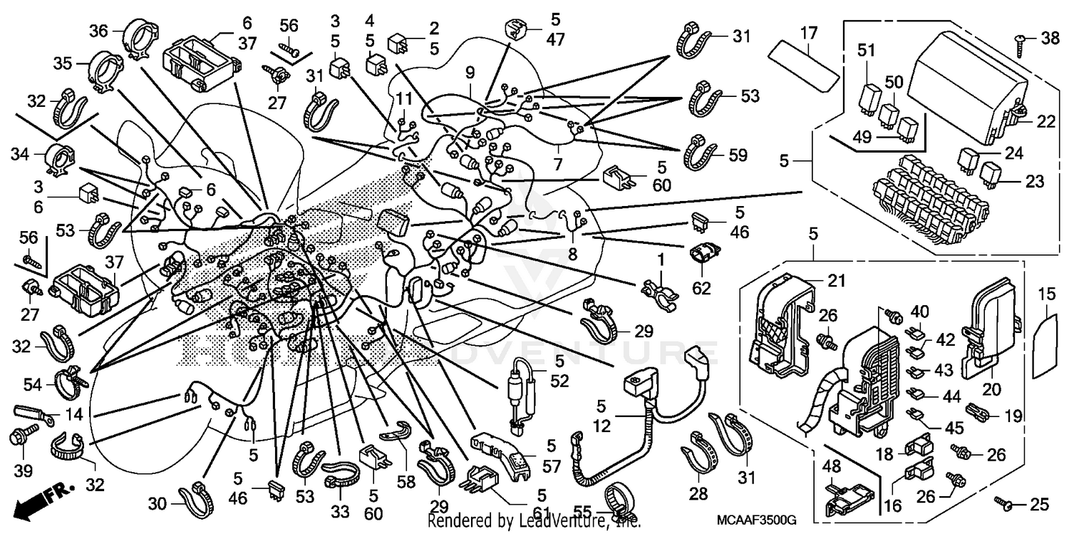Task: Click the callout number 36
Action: point(98,31)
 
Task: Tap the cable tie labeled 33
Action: point(341,473)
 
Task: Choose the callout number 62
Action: point(701,289)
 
